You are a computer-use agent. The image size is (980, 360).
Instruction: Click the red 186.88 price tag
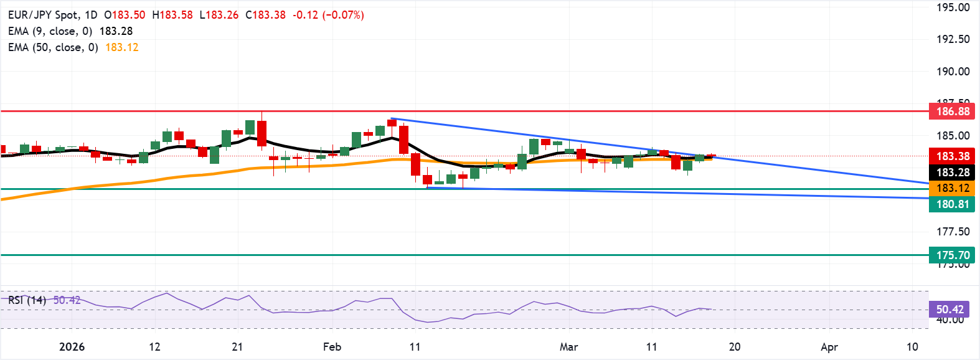953,111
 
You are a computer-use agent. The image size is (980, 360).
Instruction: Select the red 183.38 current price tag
953,156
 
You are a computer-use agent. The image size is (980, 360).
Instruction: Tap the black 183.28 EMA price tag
953,173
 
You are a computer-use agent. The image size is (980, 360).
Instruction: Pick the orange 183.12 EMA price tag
953,188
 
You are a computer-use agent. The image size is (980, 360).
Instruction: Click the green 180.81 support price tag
953,204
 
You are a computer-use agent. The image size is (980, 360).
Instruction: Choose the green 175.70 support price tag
953,255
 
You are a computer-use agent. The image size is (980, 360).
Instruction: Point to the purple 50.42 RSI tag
949,310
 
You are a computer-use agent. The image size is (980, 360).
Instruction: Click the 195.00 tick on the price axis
953,7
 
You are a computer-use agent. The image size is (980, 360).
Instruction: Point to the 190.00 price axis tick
953,72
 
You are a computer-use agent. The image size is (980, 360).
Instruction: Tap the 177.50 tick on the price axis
953,232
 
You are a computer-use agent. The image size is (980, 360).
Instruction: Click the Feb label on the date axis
332,347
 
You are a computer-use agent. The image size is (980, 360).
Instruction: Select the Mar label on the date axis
568,347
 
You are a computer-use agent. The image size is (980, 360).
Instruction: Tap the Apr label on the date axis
829,347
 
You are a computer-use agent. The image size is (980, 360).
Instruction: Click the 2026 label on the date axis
72,347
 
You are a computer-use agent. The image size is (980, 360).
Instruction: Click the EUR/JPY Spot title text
44,15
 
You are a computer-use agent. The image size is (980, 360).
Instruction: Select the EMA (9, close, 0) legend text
50,31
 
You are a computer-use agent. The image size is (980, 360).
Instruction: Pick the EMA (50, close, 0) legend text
53,47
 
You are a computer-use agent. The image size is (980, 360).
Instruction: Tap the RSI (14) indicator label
27,300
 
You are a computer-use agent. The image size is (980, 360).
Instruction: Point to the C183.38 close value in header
265,15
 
